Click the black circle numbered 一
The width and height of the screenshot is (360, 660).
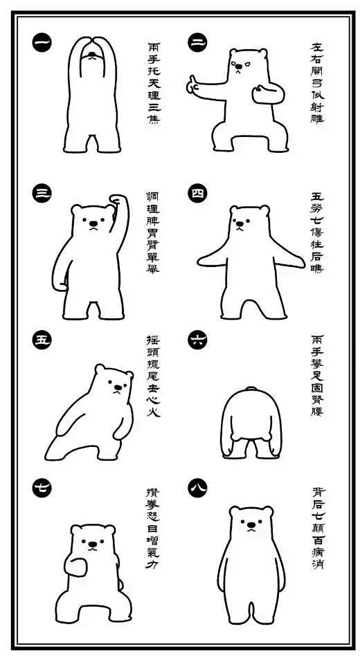[x=42, y=42]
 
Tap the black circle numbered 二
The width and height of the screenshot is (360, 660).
[x=197, y=42]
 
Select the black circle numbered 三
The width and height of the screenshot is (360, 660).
[x=42, y=193]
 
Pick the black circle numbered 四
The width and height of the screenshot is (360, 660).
[x=197, y=193]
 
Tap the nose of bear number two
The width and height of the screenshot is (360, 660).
[x=239, y=66]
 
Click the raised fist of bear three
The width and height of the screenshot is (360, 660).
[x=118, y=201]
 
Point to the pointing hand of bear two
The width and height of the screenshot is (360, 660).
[x=193, y=85]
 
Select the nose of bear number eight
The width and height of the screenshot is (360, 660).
[x=251, y=525]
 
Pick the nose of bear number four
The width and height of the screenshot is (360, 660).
[x=240, y=224]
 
